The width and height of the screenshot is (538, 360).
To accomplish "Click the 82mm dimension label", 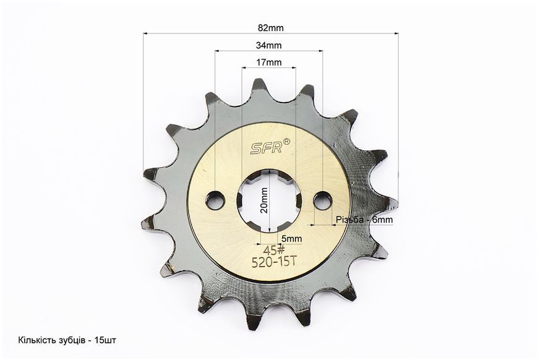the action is [271, 28].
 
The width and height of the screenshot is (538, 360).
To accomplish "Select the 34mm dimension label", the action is [268, 45].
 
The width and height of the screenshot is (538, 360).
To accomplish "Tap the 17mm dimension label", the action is [268, 62].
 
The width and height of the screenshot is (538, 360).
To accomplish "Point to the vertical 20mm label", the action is [264, 200].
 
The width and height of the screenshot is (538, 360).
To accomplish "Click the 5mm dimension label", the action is [291, 238].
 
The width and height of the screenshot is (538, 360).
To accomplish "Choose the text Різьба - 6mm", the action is [364, 220].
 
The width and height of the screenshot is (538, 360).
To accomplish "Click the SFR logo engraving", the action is [267, 148].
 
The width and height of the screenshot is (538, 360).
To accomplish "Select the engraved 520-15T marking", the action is [273, 262].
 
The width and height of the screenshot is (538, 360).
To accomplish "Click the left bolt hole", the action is [215, 200].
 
